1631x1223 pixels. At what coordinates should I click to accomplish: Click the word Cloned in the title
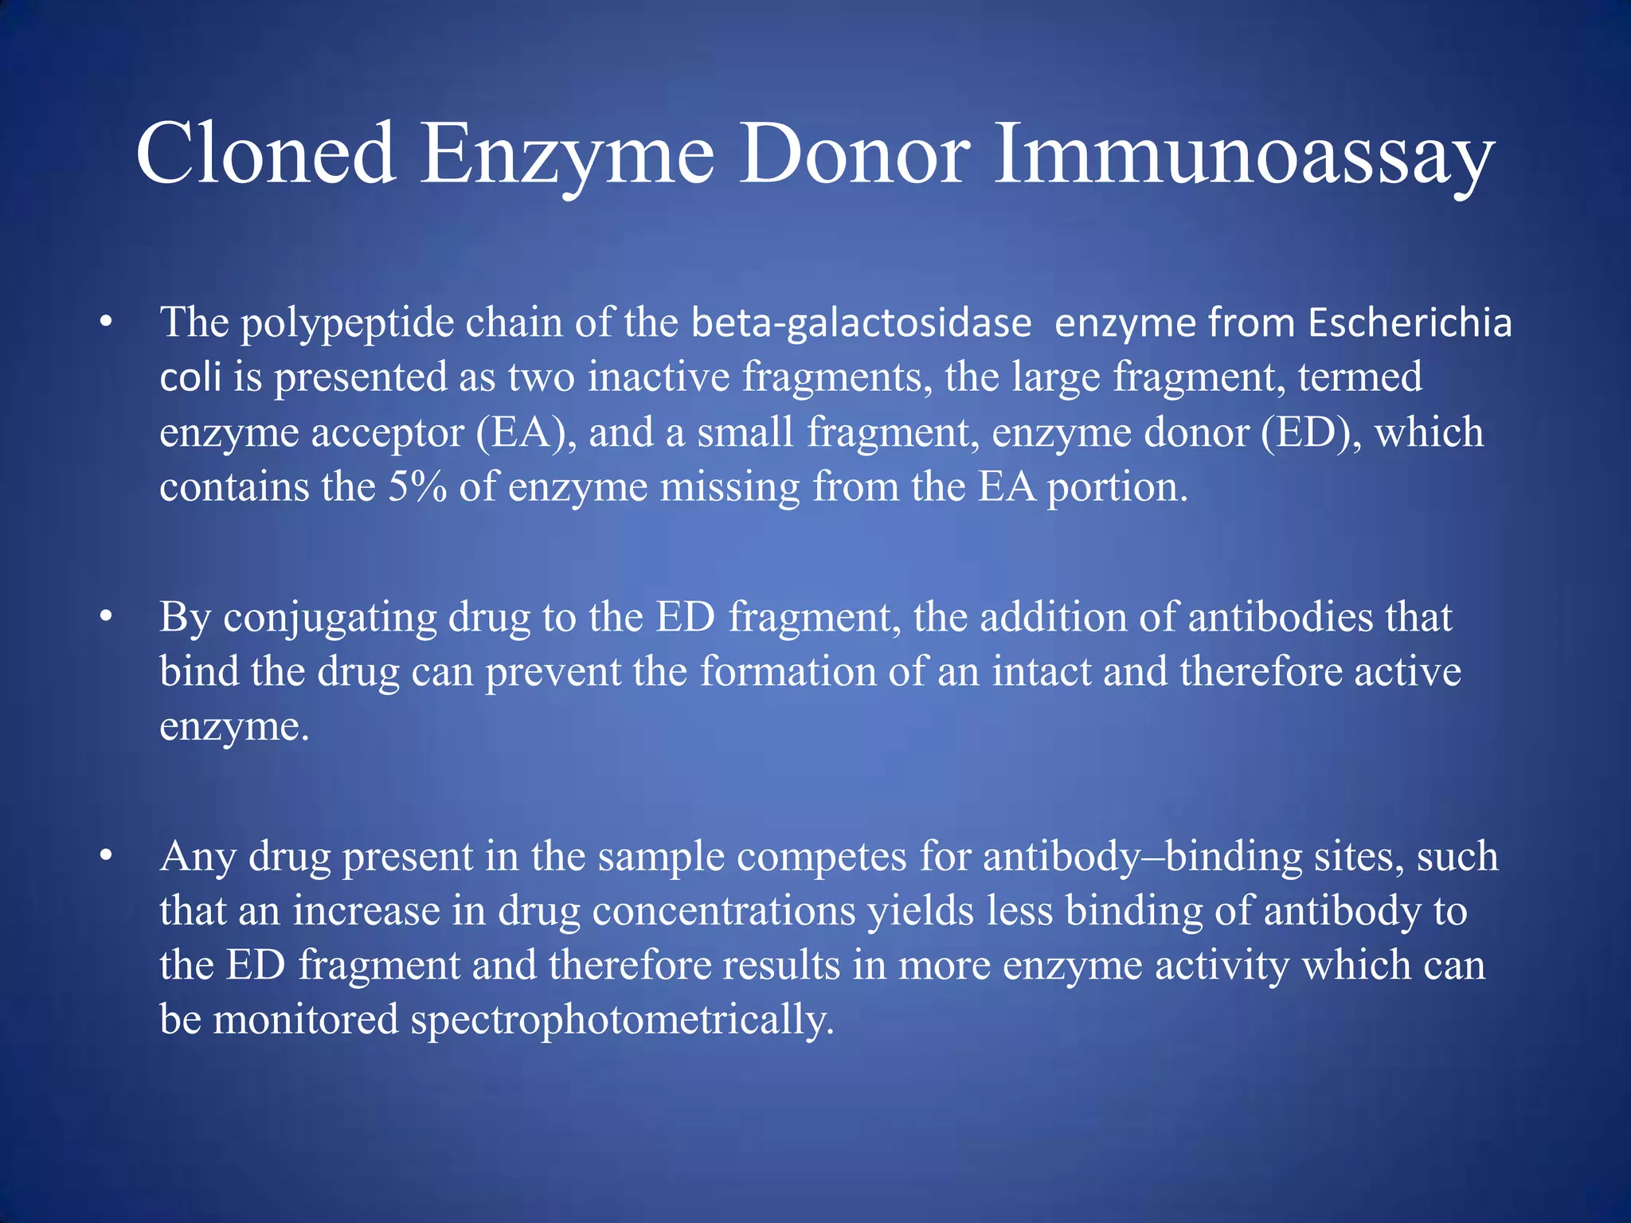point(266,154)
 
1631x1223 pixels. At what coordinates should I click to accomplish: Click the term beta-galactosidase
point(861,323)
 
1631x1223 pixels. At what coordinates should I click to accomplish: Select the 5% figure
point(417,487)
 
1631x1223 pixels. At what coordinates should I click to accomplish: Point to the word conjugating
point(330,618)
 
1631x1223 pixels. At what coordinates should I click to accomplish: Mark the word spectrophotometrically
point(622,1020)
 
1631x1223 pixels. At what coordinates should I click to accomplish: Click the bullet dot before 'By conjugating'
point(105,618)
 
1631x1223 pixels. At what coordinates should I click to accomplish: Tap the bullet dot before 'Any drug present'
point(105,858)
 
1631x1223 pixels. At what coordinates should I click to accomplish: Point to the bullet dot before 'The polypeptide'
point(105,323)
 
